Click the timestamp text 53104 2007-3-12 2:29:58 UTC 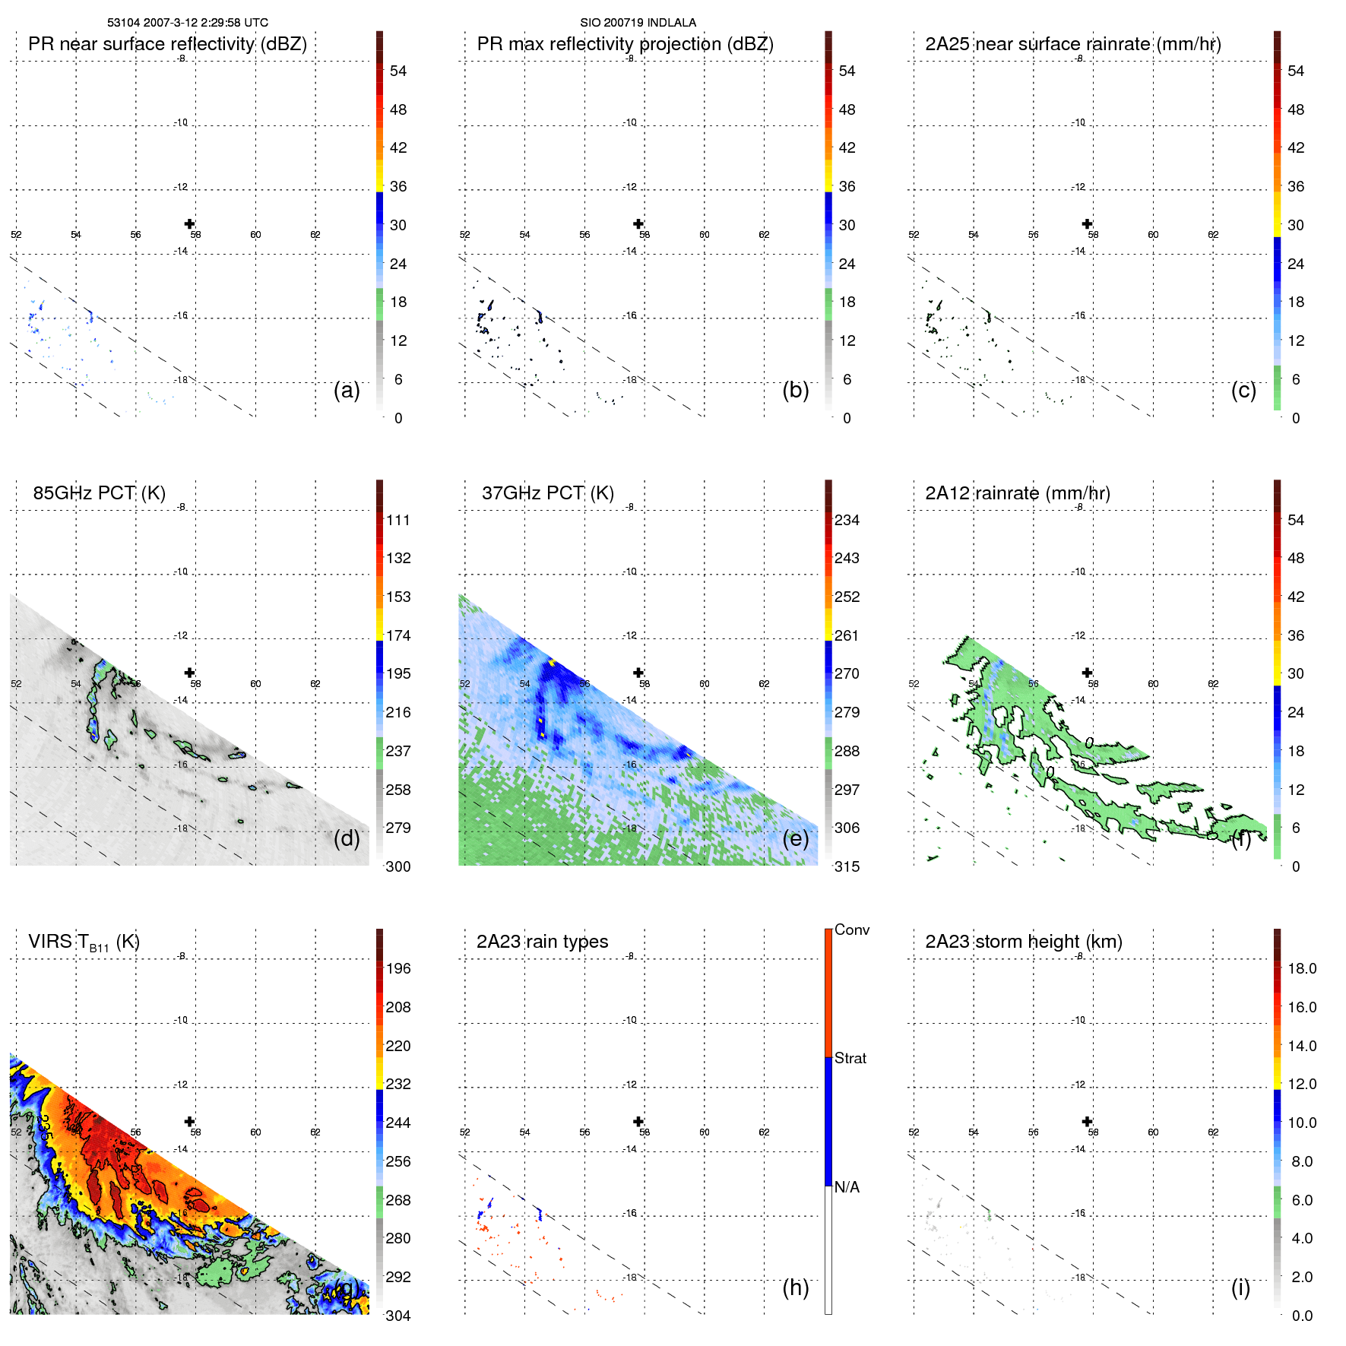tap(188, 23)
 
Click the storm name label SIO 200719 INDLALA tap(638, 23)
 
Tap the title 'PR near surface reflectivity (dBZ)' tap(167, 44)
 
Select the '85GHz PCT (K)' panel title tap(99, 493)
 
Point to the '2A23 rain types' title tap(542, 942)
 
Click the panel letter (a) tap(347, 390)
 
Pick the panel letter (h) tap(795, 1287)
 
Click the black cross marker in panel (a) tap(190, 223)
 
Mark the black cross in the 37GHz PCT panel tap(638, 673)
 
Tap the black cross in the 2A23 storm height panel tap(1088, 1121)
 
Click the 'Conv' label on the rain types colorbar tap(851, 930)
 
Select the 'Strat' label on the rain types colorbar tap(850, 1058)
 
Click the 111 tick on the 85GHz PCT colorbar tap(397, 521)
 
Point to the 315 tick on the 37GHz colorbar tap(847, 866)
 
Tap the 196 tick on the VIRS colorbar tap(397, 969)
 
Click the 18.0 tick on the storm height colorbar tap(1301, 969)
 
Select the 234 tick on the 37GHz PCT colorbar tap(847, 521)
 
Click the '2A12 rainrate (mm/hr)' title tap(1017, 493)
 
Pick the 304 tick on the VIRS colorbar tap(397, 1316)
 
